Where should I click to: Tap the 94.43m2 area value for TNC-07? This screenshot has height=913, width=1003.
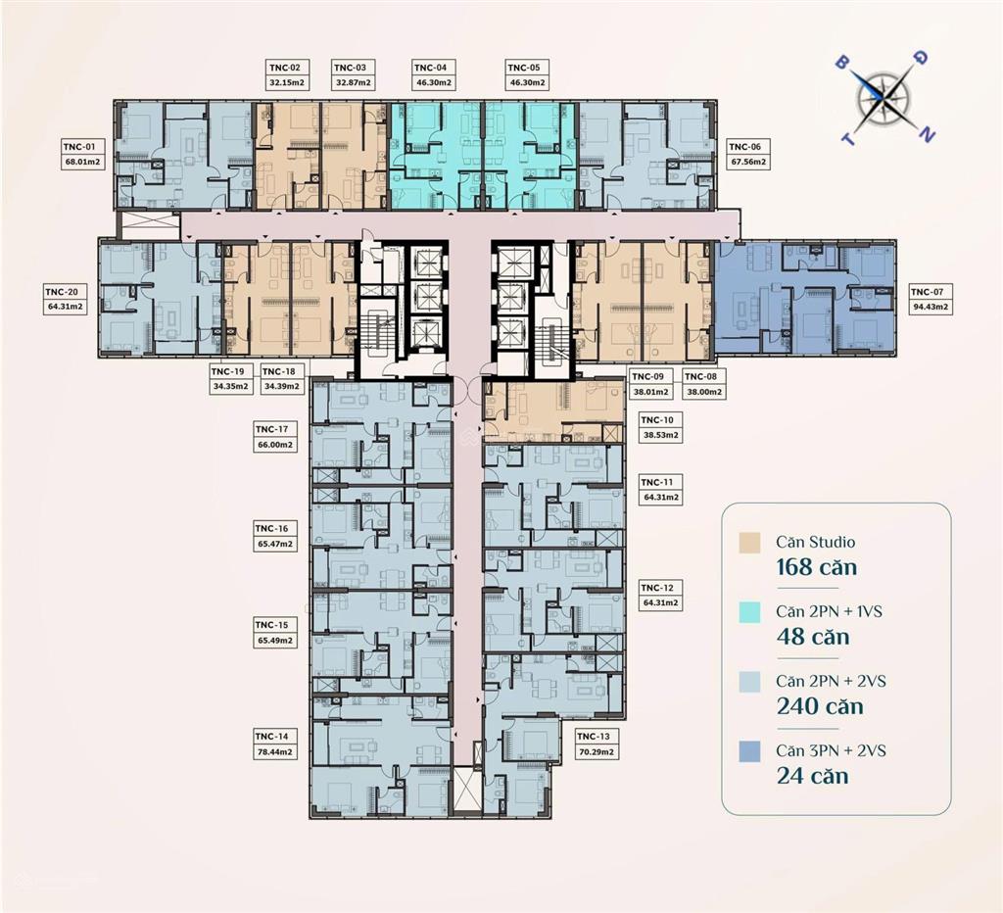pos(931,307)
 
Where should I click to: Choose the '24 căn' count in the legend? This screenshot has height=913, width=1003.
pos(812,775)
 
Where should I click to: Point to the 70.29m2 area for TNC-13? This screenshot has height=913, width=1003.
pos(597,752)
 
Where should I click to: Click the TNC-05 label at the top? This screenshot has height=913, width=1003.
pos(527,68)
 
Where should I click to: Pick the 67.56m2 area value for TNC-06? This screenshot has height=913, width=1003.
pos(748,162)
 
